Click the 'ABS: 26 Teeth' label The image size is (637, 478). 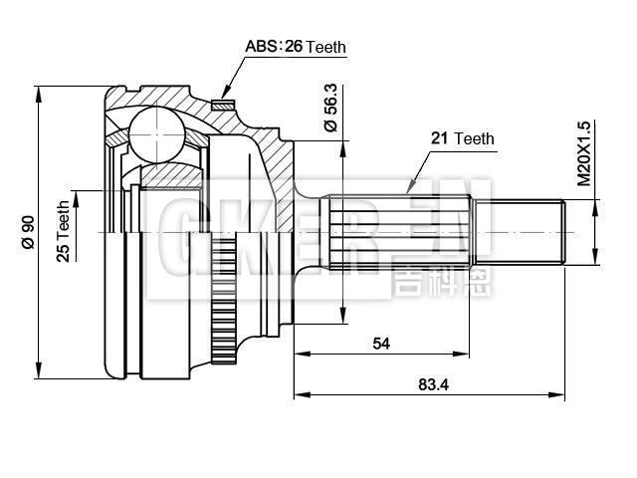[x=296, y=47]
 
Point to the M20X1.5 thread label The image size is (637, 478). [x=584, y=154]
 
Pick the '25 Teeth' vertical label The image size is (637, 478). [x=63, y=231]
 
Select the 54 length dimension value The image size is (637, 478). [x=380, y=344]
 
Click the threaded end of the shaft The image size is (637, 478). [x=525, y=232]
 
